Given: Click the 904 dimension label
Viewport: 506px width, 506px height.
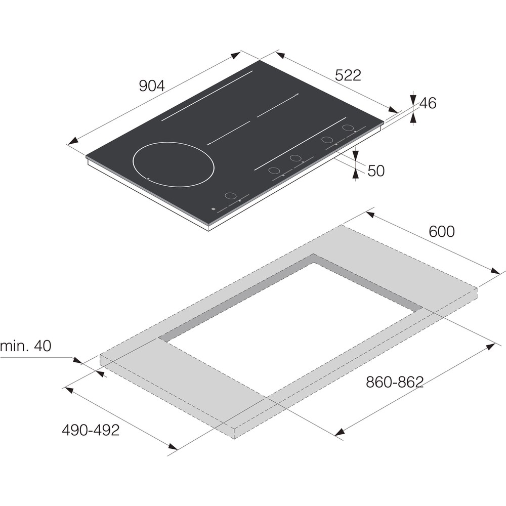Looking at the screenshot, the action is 152,86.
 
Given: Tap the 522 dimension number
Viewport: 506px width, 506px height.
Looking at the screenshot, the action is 348,75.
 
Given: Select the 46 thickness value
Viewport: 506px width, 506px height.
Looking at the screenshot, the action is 428,103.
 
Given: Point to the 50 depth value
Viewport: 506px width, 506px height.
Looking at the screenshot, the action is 376,171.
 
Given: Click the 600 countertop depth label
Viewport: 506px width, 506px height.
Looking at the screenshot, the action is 442,231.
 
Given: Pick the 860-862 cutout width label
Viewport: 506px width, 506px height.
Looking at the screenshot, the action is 394,382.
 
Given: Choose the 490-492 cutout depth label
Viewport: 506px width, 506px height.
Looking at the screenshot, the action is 91,430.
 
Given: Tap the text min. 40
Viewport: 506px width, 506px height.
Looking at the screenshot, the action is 26,346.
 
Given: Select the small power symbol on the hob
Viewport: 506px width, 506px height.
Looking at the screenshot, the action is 213,209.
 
